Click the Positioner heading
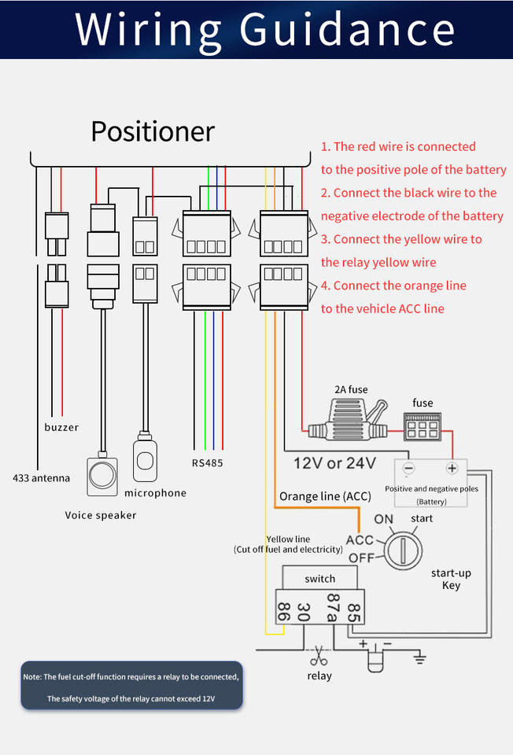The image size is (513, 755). click(153, 131)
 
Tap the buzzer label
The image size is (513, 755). click(61, 427)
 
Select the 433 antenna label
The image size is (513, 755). click(41, 477)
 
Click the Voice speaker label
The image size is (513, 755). click(101, 515)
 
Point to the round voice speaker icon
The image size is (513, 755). click(101, 474)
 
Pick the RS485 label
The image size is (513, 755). click(208, 462)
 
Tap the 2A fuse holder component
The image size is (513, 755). click(346, 422)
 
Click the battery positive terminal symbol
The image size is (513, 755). click(452, 469)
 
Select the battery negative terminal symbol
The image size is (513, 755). click(408, 469)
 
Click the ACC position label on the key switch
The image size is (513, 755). click(360, 540)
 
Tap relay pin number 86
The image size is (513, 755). click(283, 611)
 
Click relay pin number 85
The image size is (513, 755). click(354, 611)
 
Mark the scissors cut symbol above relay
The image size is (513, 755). click(319, 654)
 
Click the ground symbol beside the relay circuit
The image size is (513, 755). click(420, 657)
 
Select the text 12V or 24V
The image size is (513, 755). click(334, 462)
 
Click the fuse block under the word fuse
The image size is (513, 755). click(422, 428)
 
